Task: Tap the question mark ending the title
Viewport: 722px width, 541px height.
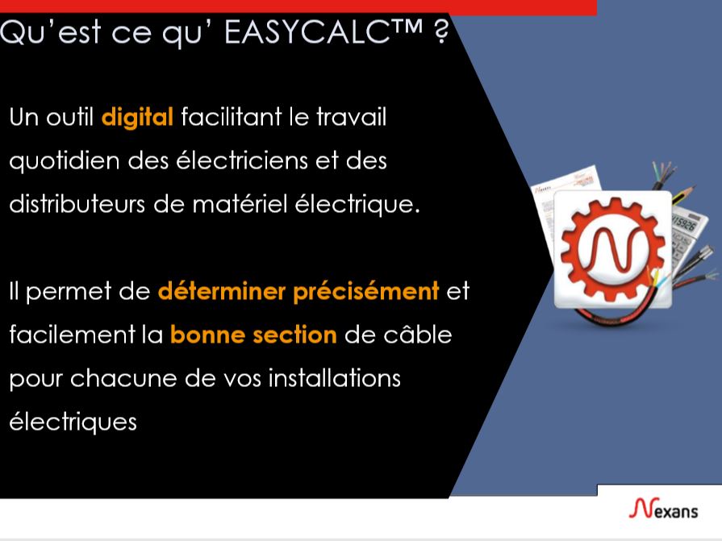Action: [x=440, y=34]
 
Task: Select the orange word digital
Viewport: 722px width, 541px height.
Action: [x=137, y=118]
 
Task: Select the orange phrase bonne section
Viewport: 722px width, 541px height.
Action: [x=252, y=334]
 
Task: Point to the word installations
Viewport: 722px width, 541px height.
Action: [x=339, y=377]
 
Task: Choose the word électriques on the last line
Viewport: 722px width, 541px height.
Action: [x=73, y=422]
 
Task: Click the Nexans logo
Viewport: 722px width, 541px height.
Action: [x=664, y=510]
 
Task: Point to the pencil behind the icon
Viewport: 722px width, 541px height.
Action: [x=680, y=194]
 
